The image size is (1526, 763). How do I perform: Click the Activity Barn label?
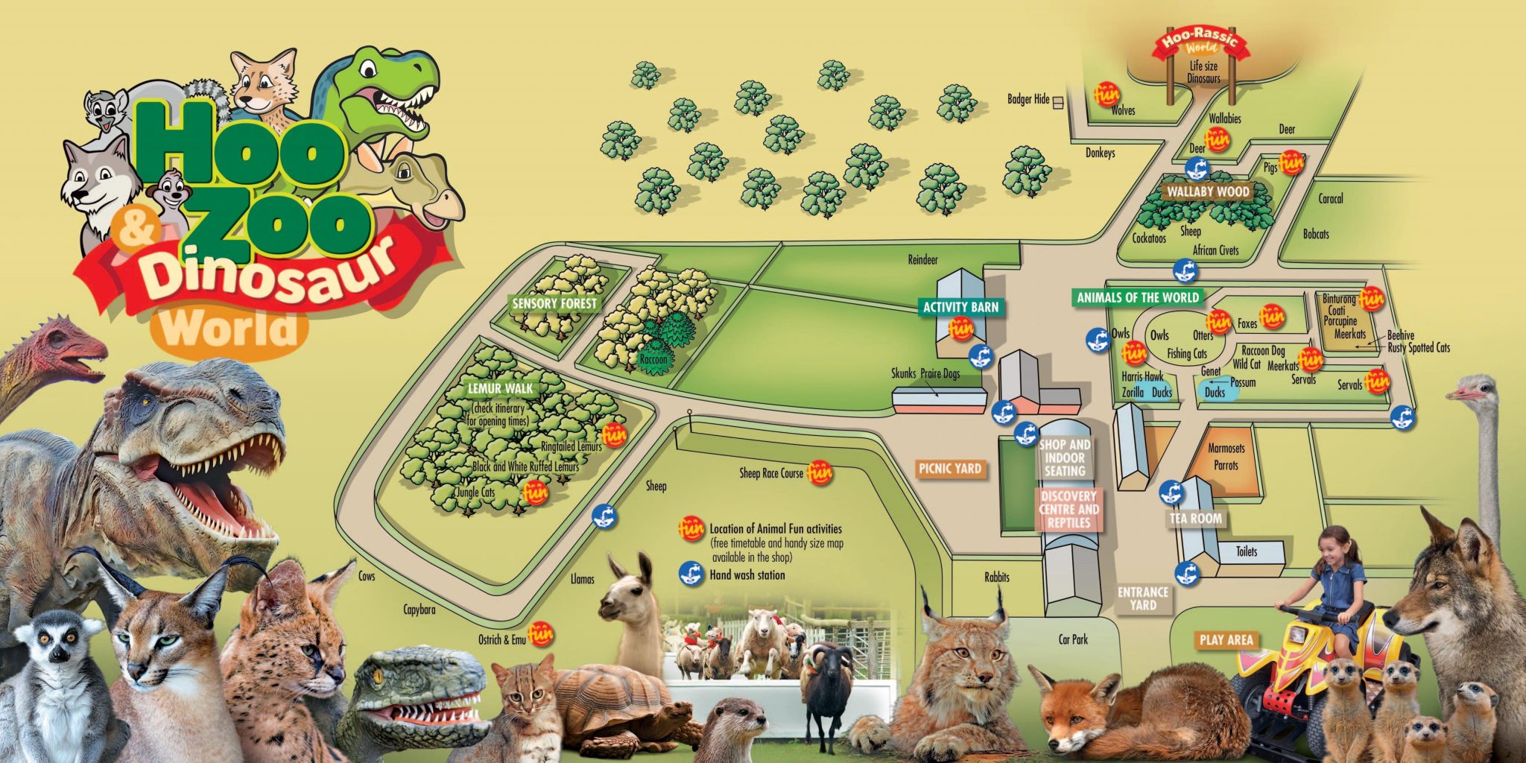tap(960, 306)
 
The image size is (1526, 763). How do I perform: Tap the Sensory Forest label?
tap(554, 303)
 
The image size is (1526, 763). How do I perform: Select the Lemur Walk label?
tap(500, 388)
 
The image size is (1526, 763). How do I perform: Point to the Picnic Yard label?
tap(950, 469)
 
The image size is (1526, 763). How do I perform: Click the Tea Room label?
tap(1196, 519)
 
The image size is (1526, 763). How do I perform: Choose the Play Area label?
tap(1226, 639)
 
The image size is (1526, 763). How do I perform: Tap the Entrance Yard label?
tap(1142, 598)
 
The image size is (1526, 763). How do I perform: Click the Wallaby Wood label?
tap(1208, 191)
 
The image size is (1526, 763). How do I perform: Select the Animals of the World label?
tap(1138, 297)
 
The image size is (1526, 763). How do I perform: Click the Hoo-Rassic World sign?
tap(1199, 41)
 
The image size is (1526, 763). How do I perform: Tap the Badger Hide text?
tap(1028, 99)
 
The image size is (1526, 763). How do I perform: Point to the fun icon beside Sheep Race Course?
tap(820, 472)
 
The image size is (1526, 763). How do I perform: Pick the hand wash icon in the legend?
tap(691, 574)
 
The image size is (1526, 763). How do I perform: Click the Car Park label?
tap(1073, 639)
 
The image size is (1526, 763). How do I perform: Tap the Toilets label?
tap(1247, 551)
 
